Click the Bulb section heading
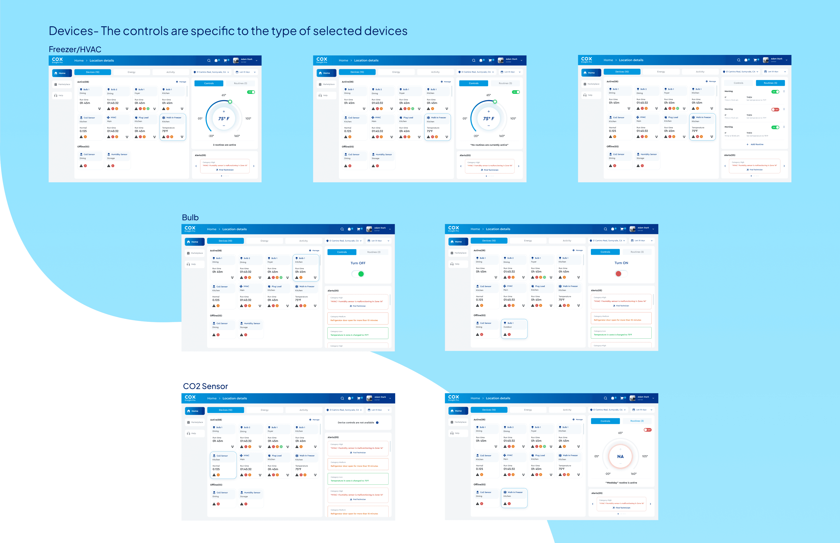pos(190,218)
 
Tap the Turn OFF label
pos(358,263)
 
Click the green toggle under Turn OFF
pos(358,274)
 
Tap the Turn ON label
pos(621,263)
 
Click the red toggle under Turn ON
pos(621,274)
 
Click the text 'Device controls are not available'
pos(356,422)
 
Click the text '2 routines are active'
pos(225,145)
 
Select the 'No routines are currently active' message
pos(489,145)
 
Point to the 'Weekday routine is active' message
pos(621,483)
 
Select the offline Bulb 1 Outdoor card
pos(514,329)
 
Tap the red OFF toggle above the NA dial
pos(647,430)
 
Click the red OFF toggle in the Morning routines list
pos(775,109)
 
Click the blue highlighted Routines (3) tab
pos(770,83)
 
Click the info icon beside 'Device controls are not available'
pos(377,422)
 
